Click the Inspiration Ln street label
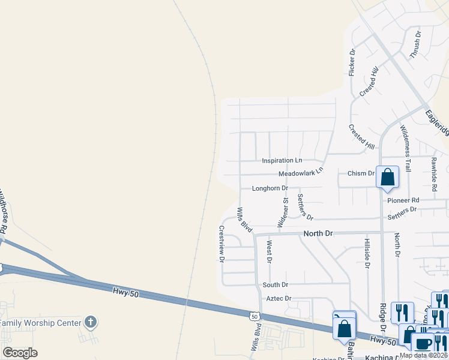click(282, 161)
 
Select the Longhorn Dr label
click(270, 188)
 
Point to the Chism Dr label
click(361, 173)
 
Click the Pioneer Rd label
click(403, 200)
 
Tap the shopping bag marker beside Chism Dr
click(388, 177)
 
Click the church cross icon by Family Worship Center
click(90, 322)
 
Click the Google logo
click(20, 353)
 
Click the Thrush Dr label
click(415, 44)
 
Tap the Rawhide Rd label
click(434, 170)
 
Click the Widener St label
click(283, 211)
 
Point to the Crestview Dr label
click(221, 244)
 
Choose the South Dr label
click(275, 284)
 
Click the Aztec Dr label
click(279, 298)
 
